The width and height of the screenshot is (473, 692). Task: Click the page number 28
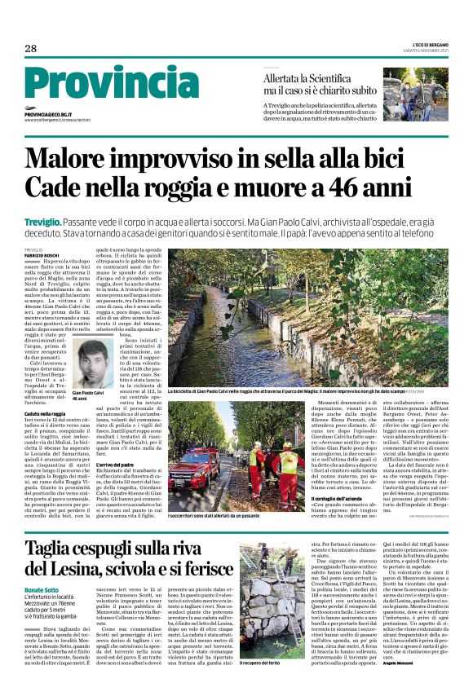[x=30, y=49]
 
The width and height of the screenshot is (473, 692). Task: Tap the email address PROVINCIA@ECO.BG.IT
[x=48, y=115]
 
